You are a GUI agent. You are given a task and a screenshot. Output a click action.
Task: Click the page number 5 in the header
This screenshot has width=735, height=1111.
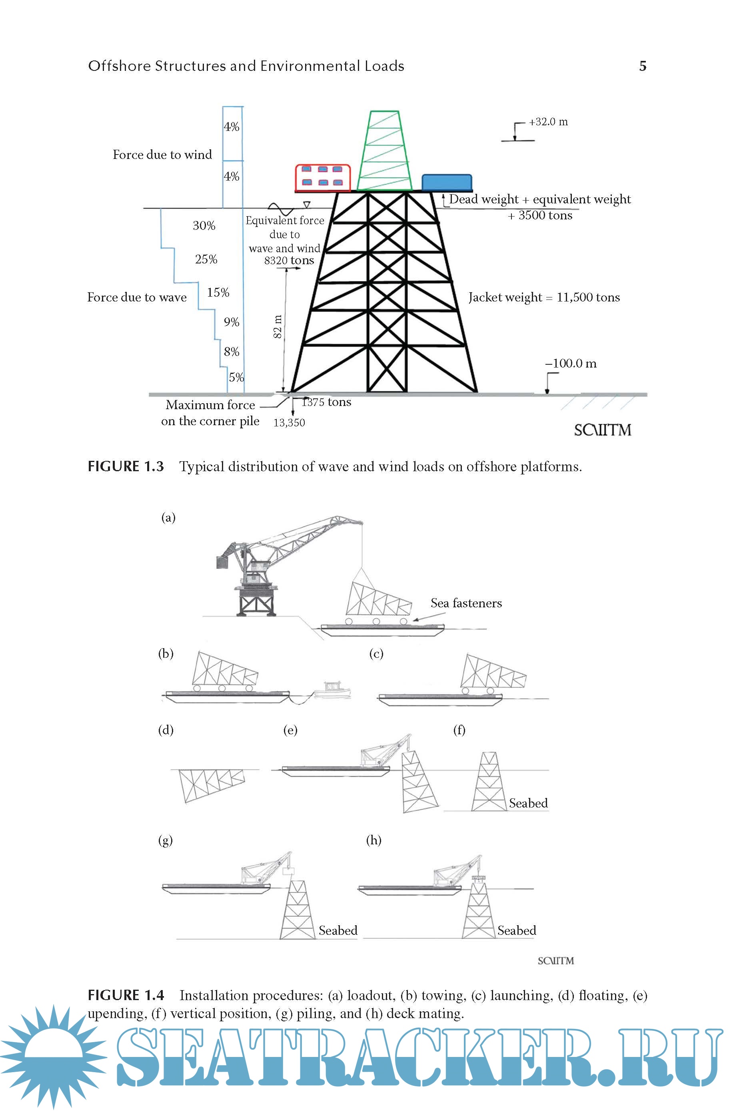[643, 66]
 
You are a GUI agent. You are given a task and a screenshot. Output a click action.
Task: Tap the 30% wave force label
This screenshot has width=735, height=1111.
[204, 226]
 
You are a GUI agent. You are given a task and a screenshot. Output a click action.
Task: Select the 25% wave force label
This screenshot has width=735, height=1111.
[206, 259]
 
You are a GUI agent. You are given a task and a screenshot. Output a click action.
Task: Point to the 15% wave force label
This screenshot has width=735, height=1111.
[218, 292]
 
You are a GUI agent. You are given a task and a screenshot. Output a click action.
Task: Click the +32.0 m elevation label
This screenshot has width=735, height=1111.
[548, 122]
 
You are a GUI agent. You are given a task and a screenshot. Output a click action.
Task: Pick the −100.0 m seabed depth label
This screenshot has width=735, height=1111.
[571, 363]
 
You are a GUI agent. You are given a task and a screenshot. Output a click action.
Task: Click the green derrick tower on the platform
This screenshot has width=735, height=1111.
[384, 151]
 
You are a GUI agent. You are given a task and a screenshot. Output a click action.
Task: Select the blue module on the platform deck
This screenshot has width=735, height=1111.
[447, 182]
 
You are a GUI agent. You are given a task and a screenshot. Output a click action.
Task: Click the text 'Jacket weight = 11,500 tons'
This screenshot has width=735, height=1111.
[544, 297]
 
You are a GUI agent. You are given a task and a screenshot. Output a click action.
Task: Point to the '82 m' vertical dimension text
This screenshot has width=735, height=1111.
[278, 327]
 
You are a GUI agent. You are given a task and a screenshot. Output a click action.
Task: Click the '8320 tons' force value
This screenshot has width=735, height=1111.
[289, 260]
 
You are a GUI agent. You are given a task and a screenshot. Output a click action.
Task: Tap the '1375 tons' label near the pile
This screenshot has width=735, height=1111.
[326, 402]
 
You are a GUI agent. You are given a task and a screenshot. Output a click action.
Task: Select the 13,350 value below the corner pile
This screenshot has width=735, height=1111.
[289, 423]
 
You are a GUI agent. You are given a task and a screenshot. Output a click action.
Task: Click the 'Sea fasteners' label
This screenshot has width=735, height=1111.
[466, 603]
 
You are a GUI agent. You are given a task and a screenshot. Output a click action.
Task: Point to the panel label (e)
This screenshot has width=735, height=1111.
[290, 730]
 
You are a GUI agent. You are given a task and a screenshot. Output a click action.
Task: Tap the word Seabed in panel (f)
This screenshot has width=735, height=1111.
[528, 803]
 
